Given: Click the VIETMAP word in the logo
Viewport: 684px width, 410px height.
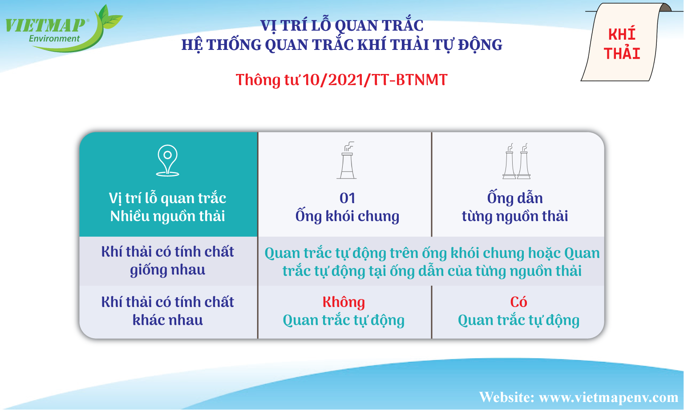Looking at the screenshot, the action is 45,25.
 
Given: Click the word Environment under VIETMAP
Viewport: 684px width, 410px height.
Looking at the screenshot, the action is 54,38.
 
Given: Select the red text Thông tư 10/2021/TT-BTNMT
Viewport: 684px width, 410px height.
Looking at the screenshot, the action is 342,80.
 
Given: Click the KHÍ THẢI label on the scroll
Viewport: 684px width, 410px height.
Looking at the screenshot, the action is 622,44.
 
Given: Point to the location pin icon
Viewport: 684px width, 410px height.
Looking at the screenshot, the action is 167,160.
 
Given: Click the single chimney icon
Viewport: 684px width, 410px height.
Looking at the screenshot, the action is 347,160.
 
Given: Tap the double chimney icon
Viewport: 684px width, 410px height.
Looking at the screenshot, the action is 516,161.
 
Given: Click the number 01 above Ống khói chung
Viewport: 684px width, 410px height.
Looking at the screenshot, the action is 347,198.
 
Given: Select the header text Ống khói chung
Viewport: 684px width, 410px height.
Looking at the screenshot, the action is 347,215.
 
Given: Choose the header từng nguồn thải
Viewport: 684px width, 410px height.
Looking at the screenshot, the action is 515,216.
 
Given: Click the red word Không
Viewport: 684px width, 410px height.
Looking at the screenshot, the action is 344,302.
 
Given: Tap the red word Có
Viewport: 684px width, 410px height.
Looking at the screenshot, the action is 518,302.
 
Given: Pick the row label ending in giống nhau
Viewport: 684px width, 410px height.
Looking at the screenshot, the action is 167,261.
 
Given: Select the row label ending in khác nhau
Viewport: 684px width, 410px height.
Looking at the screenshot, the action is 167,311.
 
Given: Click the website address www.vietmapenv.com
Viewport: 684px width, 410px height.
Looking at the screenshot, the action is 608,398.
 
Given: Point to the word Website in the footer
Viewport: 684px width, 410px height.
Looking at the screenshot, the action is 506,397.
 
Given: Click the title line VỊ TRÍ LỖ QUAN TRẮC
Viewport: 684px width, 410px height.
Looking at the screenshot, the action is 342,25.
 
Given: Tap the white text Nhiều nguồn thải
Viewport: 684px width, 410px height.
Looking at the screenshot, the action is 167,216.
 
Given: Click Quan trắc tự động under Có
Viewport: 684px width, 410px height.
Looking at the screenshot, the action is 518,320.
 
